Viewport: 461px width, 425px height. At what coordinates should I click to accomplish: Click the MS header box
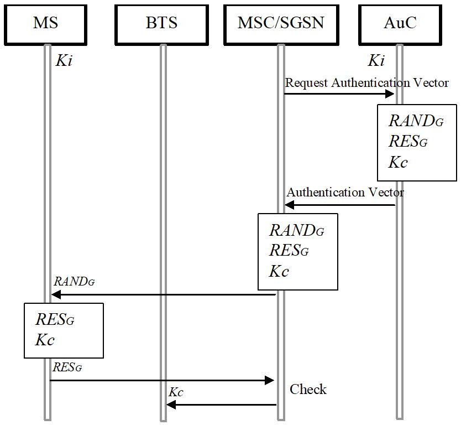(45, 23)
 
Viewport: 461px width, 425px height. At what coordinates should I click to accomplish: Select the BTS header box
(161, 23)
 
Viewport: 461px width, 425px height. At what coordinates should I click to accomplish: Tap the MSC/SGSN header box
(280, 23)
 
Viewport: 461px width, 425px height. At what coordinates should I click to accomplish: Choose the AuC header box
(400, 23)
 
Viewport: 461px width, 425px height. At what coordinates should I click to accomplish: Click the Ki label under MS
(64, 61)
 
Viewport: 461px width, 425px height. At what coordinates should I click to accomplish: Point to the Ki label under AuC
(376, 61)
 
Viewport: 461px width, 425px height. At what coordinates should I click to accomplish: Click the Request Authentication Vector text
(366, 83)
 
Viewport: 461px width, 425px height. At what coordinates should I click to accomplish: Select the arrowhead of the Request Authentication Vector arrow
(389, 94)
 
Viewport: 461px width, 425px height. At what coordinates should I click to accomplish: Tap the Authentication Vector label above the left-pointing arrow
(345, 193)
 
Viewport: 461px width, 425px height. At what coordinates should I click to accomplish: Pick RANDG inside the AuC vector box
(416, 121)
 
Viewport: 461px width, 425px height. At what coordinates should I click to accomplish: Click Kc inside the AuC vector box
(398, 162)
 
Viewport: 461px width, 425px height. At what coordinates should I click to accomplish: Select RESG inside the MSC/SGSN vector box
(289, 251)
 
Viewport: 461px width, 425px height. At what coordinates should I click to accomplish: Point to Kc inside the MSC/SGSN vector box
(279, 272)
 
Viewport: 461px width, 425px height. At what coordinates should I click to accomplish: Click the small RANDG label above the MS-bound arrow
(74, 281)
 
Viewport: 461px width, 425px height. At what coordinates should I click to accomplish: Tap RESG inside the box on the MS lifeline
(55, 319)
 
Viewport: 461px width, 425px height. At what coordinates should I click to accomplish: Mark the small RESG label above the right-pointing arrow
(67, 367)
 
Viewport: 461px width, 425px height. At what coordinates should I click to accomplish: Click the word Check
(308, 390)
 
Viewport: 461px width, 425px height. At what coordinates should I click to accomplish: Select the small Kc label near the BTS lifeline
(176, 392)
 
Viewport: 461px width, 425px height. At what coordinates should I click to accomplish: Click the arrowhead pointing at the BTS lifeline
(171, 405)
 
